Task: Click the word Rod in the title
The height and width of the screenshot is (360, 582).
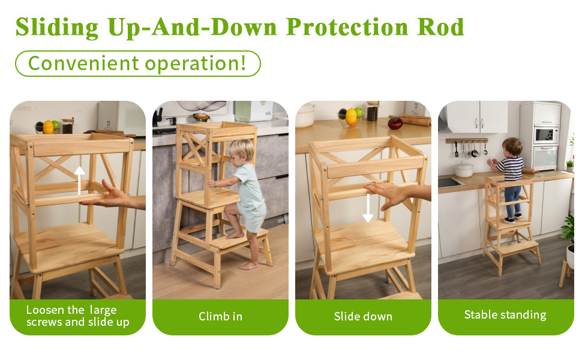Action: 440,27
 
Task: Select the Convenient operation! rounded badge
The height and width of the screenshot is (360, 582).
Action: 138,64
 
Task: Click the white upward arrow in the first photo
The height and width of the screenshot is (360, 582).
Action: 79,181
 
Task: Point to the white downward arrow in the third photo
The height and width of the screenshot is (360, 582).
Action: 368,208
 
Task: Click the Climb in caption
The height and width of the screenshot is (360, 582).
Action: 220,317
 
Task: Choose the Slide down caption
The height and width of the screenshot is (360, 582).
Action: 363,317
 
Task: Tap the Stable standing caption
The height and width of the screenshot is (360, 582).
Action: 505,315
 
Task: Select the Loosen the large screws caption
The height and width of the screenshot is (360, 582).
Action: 78,316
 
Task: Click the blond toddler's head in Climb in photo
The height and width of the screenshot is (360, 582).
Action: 241,151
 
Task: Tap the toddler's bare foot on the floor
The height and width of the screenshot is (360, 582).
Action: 249,266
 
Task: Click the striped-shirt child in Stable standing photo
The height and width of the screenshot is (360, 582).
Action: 510,180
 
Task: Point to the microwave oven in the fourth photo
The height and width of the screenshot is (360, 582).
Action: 545,136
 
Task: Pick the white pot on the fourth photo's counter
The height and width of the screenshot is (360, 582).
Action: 464,169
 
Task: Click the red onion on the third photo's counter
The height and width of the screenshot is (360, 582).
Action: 395,123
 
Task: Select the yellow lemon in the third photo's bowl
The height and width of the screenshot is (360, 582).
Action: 351,116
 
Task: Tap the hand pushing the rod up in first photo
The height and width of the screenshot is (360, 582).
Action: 107,196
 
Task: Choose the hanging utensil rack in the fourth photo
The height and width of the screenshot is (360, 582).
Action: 467,147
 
